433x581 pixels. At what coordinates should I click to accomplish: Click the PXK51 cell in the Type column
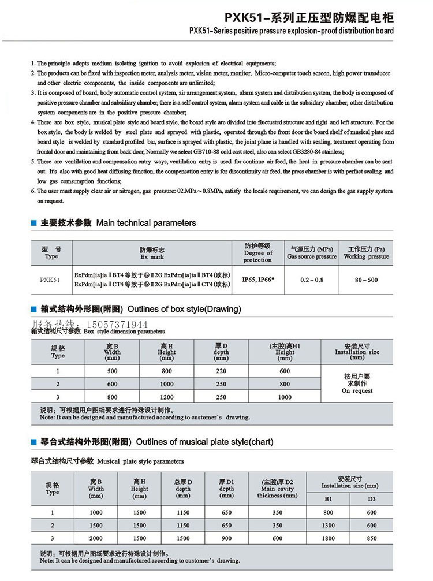[51, 280]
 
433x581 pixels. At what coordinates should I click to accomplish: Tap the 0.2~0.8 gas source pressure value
[312, 280]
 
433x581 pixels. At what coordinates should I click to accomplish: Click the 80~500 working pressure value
[366, 280]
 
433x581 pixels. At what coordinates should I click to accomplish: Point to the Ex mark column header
[152, 253]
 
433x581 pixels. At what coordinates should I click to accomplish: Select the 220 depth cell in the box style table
[221, 371]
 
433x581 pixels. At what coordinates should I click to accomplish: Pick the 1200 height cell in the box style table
[167, 397]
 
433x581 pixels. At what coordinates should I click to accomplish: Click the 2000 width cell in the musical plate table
[96, 538]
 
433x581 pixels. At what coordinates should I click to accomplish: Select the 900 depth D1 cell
[226, 538]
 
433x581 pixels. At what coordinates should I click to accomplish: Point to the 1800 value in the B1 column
[329, 538]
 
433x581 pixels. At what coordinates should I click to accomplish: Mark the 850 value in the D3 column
[372, 538]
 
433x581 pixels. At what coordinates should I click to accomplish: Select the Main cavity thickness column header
[277, 489]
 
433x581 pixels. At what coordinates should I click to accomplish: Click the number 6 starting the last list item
[32, 191]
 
